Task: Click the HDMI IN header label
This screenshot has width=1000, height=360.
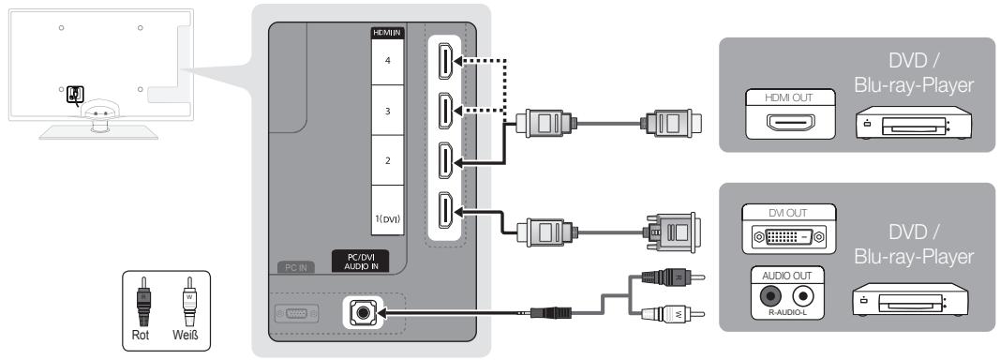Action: pyautogui.click(x=388, y=33)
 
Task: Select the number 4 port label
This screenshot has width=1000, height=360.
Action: pyautogui.click(x=388, y=61)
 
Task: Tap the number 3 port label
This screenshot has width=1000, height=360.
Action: pyautogui.click(x=388, y=111)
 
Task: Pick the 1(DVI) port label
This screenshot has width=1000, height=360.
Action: pyautogui.click(x=387, y=219)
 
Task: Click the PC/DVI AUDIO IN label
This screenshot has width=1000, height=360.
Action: pyautogui.click(x=361, y=261)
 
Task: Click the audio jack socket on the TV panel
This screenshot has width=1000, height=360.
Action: pyautogui.click(x=363, y=313)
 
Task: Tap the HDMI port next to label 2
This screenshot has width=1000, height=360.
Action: pyautogui.click(x=445, y=161)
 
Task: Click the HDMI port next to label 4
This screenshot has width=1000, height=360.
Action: pyautogui.click(x=445, y=61)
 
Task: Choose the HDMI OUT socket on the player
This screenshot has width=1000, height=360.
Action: pyautogui.click(x=790, y=122)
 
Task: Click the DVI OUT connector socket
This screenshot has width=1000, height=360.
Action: pyautogui.click(x=789, y=237)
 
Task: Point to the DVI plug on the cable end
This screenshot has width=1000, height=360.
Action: pyautogui.click(x=673, y=232)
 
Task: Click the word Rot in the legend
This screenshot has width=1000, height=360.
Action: pyautogui.click(x=141, y=335)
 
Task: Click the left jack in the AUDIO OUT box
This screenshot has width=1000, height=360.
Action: pyautogui.click(x=770, y=295)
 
